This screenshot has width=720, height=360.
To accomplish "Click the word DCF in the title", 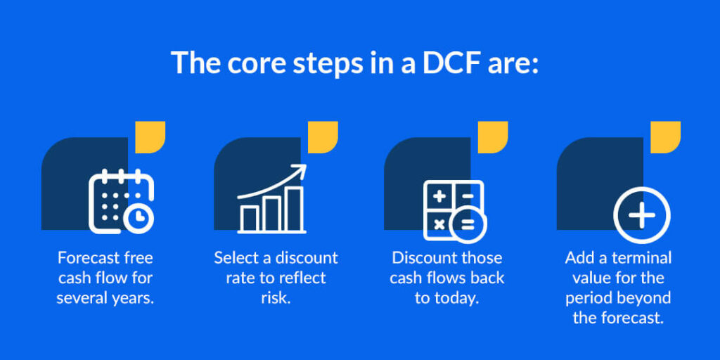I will click(x=439, y=63).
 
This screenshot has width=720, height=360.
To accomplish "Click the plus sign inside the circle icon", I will click(x=641, y=214).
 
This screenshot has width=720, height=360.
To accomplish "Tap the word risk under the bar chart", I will click(x=275, y=297).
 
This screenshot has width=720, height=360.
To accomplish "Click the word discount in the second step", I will click(x=306, y=257).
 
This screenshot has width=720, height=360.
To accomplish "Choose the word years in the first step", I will click(x=134, y=297).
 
